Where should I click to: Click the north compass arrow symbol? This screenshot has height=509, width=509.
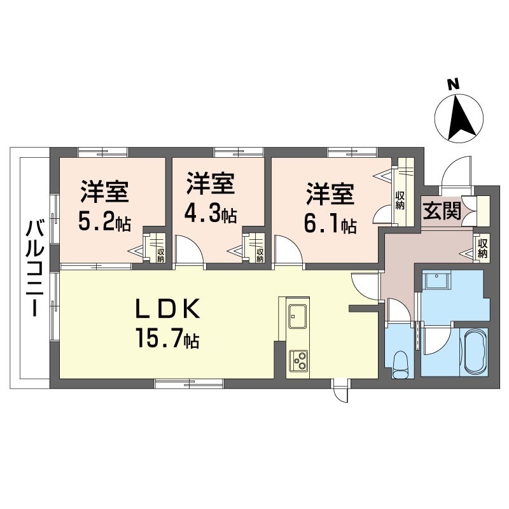460,118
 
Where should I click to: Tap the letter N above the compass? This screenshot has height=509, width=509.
452,84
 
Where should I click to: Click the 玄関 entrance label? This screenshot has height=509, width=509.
442,211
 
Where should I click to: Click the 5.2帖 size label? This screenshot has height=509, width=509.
105,222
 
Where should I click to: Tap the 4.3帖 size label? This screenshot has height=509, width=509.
211,214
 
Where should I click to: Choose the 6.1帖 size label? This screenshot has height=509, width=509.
330,224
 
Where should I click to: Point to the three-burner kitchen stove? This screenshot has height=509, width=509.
298,361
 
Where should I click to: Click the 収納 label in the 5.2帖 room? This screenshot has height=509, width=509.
160,254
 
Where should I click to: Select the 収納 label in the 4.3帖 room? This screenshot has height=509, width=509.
260,254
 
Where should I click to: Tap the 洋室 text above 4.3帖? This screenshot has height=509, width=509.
211,185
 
